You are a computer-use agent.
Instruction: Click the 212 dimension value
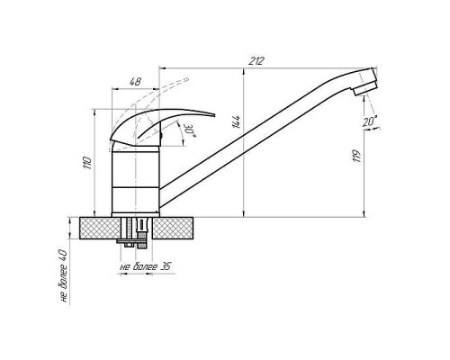coord(256,61)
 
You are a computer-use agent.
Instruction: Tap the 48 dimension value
coord(135,82)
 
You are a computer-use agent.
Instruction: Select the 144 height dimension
coord(237,121)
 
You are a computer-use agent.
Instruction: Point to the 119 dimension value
coord(357,156)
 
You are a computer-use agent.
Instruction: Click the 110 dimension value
coord(87,162)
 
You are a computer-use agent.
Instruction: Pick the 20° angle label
coord(370,121)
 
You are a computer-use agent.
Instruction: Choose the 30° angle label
coord(191,130)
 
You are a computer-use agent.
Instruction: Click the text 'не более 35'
coord(145,266)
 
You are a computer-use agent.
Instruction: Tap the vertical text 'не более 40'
coord(64,275)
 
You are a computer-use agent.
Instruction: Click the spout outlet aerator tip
coord(365,89)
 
